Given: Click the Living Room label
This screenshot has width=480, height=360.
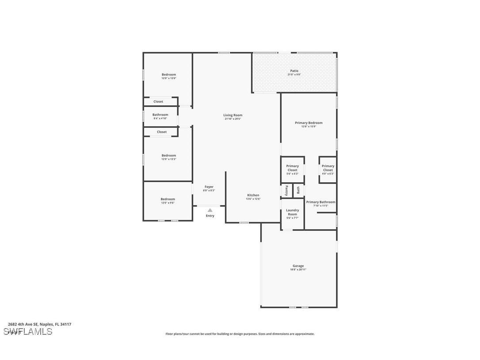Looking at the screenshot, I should (232, 115).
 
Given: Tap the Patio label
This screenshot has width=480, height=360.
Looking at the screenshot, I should (294, 71).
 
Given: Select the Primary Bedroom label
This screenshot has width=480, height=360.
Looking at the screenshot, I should (309, 123).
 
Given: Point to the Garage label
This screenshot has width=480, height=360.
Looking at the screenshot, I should (298, 266).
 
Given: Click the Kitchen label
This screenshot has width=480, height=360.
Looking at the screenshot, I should (253, 195).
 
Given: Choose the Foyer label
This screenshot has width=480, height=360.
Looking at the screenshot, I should (209, 187).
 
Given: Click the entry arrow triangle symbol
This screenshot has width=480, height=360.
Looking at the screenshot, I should (210, 211).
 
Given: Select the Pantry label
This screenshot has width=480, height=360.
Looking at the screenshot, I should (286, 191).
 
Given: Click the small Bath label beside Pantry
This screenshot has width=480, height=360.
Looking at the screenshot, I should (298, 190).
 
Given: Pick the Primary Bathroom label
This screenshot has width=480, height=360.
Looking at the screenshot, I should (320, 202).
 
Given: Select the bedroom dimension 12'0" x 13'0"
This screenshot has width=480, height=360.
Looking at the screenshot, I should (168, 78).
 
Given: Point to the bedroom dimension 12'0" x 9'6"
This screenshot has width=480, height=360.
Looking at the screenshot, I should (168, 203).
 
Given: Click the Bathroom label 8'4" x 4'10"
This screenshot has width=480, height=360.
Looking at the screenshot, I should (160, 115).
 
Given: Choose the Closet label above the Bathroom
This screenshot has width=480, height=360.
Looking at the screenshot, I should (158, 102).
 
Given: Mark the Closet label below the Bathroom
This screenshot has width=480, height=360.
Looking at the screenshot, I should (162, 132).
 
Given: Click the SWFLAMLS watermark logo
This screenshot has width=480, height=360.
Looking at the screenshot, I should (28, 332).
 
